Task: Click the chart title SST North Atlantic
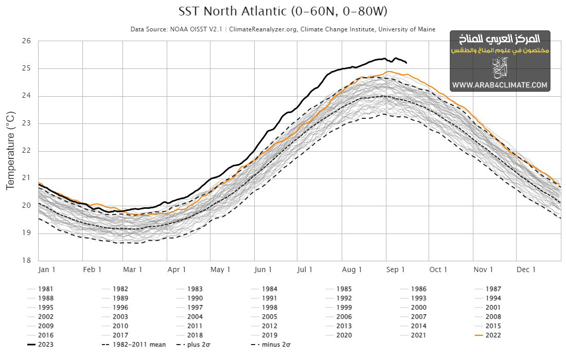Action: click(282, 11)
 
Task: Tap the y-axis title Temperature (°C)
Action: click(10, 149)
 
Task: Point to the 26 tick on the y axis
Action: click(27, 41)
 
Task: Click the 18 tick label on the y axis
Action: click(27, 260)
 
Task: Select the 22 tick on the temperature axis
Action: click(27, 151)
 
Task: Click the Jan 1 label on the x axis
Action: click(47, 269)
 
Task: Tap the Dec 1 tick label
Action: click(526, 269)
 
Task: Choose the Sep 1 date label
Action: click(396, 269)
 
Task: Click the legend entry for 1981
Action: click(45, 289)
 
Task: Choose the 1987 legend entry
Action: click(493, 289)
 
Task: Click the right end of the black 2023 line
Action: click(406, 63)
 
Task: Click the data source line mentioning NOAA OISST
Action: click(282, 29)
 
